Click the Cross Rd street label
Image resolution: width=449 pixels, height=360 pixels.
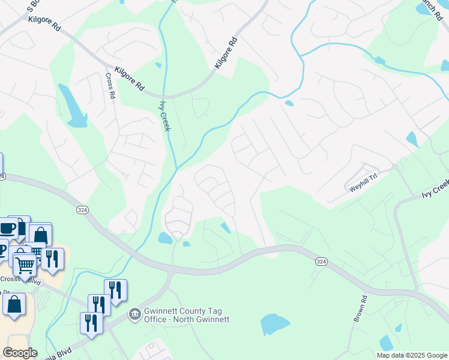pyautogui.click(x=110, y=86)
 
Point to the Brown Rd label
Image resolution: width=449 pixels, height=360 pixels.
pyautogui.click(x=359, y=308)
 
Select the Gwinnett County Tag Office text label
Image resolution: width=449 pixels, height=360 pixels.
pyautogui.click(x=187, y=316)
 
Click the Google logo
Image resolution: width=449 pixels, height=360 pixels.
pyautogui.click(x=20, y=353)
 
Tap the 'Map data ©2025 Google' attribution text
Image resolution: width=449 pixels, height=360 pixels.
pyautogui.click(x=411, y=355)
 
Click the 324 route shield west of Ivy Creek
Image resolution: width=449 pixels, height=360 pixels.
pyautogui.click(x=83, y=209)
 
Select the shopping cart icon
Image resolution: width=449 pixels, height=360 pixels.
pyautogui.click(x=25, y=263)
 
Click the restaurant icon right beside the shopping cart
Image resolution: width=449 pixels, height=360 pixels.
pyautogui.click(x=52, y=259)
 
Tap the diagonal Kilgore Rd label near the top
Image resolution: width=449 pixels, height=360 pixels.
pyautogui.click(x=227, y=54)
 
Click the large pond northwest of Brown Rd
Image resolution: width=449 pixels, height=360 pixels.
pyautogui.click(x=275, y=324)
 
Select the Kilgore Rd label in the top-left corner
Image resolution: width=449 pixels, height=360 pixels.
pyautogui.click(x=44, y=24)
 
